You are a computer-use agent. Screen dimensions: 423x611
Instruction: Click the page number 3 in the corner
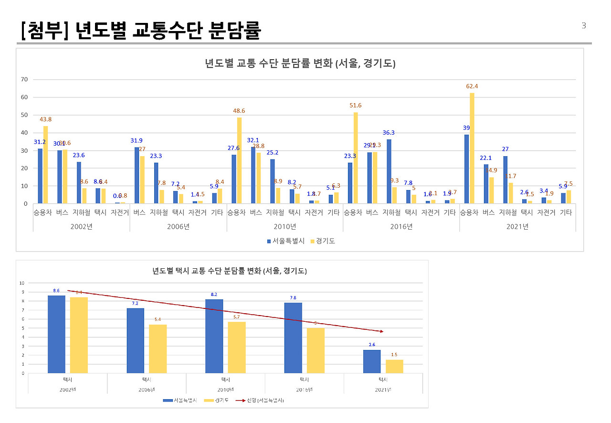tap(583, 26)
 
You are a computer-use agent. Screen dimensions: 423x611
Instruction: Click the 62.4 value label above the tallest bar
tap(472, 86)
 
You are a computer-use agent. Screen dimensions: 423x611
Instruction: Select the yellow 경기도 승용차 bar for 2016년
tap(355, 158)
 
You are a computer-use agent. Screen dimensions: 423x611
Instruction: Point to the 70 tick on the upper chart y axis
tap(24, 79)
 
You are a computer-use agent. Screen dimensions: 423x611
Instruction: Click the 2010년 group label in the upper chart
tap(285, 227)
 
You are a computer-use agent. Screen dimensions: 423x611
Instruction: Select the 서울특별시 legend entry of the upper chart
tap(285, 241)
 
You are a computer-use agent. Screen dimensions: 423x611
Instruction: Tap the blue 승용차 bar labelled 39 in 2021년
tap(466, 169)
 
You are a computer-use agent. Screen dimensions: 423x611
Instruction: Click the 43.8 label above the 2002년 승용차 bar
tap(46, 119)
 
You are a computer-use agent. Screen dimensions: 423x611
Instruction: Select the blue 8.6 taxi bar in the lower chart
tap(56, 334)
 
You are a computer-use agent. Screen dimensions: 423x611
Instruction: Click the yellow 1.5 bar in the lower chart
tap(394, 366)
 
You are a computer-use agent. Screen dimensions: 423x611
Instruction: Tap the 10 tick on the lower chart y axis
tap(21, 283)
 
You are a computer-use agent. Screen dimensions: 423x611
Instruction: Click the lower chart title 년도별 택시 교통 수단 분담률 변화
tap(229, 271)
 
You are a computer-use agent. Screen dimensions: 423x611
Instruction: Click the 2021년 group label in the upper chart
tap(517, 227)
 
